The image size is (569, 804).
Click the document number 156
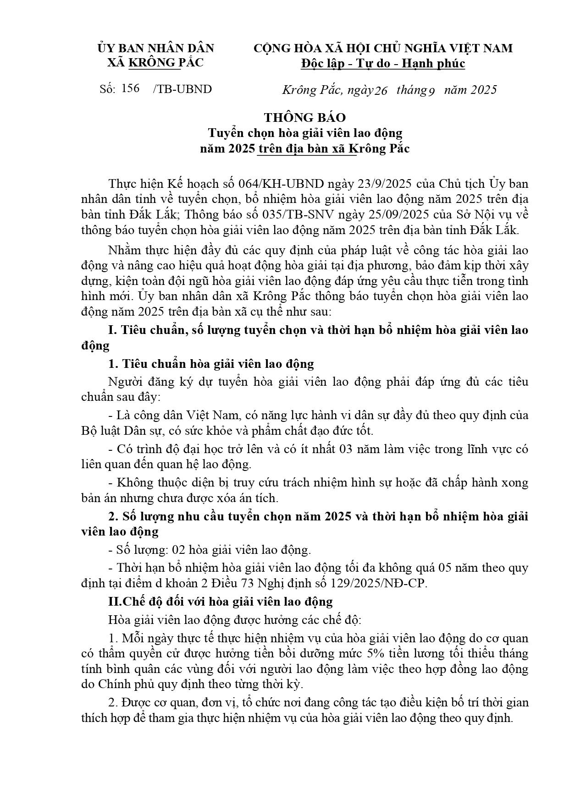pyautogui.click(x=131, y=88)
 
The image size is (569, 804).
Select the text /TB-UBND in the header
pyautogui.click(x=182, y=89)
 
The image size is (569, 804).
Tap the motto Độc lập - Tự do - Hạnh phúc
pyautogui.click(x=383, y=64)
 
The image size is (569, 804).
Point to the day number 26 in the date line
pyautogui.click(x=381, y=90)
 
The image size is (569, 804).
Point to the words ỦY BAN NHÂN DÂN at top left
pyautogui.click(x=156, y=49)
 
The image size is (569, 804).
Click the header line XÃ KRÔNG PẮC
pyautogui.click(x=155, y=63)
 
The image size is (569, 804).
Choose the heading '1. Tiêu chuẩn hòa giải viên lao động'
pyautogui.click(x=211, y=364)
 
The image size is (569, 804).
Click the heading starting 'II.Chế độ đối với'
pyautogui.click(x=220, y=602)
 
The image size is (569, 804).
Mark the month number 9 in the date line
pyautogui.click(x=431, y=90)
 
